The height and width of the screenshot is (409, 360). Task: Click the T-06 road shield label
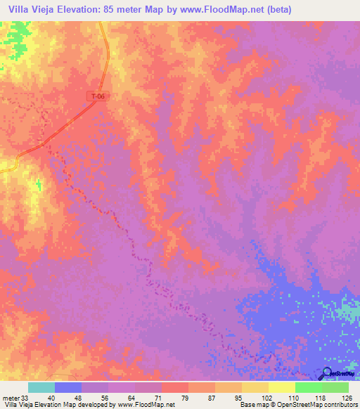pos(98,96)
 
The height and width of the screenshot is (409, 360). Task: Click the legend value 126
pos(345,397)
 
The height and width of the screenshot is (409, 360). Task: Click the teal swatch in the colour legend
pos(41,387)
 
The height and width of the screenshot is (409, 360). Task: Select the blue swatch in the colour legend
pos(68,387)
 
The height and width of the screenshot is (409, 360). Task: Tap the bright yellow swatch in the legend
pos(281,387)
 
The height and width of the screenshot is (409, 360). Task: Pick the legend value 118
pos(319,397)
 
